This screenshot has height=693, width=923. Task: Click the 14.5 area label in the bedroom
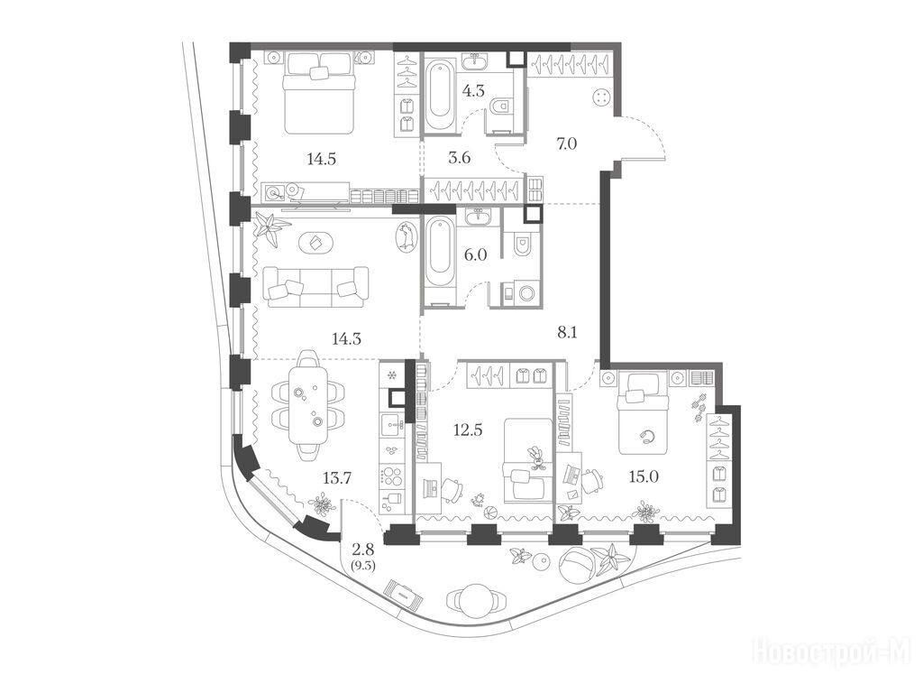(322, 159)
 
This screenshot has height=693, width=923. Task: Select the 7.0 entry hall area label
(567, 143)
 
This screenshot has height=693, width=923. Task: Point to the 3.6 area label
(460, 158)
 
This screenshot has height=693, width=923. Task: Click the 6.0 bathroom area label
(476, 254)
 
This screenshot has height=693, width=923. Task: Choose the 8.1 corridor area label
(567, 333)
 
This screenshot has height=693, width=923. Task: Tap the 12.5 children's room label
(468, 430)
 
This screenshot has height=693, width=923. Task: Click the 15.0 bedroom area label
(644, 476)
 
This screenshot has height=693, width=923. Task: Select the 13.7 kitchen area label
(337, 478)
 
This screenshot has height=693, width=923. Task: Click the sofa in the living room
(316, 286)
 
